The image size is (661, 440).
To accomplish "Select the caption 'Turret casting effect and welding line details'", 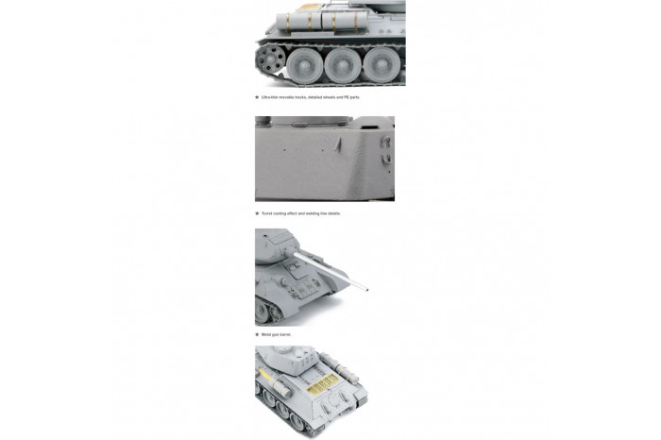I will coord(301,213).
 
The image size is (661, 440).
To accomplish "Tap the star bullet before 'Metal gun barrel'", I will coord(257,334).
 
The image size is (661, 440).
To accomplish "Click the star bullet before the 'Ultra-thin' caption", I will coord(257,97).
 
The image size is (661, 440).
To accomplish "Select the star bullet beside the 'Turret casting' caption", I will coord(257,213).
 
